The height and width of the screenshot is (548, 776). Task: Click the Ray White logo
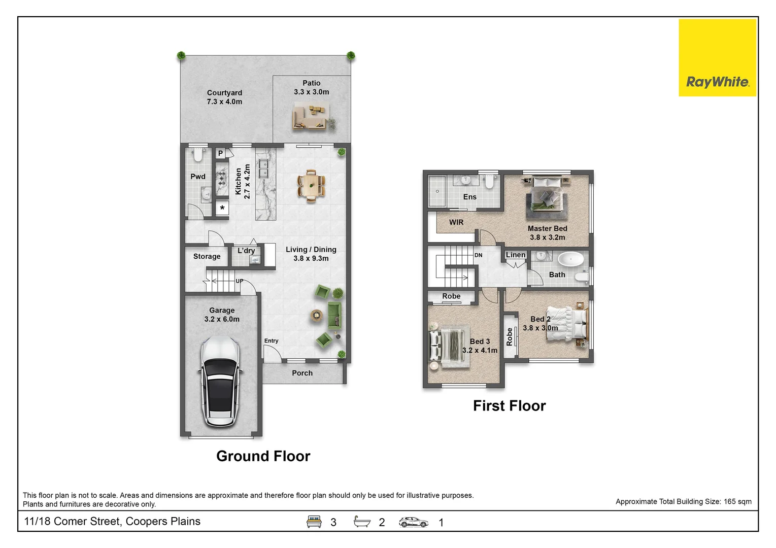click(x=718, y=57)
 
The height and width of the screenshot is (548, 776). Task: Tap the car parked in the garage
click(x=220, y=381)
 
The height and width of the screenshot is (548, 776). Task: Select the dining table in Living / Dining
click(x=311, y=186)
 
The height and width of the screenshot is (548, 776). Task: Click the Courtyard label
click(x=224, y=93)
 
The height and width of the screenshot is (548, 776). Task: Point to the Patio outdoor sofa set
click(x=310, y=117)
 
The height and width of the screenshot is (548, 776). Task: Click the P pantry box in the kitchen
click(x=221, y=153)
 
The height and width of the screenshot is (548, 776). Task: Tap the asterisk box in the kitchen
click(x=222, y=208)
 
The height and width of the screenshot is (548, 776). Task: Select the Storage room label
click(x=207, y=256)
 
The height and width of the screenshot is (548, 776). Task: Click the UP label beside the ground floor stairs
click(x=240, y=281)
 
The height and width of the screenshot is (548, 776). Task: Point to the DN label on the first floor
click(x=479, y=255)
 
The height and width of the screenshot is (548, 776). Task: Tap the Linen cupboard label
click(x=516, y=255)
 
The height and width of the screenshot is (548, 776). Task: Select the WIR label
click(x=456, y=222)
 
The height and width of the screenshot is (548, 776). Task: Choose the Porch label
click(x=302, y=373)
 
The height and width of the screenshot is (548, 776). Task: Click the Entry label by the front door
click(x=271, y=341)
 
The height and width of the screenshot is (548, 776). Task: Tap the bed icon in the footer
click(x=314, y=522)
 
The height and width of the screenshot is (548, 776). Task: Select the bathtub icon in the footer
click(x=362, y=521)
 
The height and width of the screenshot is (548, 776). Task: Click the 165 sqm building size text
click(x=737, y=502)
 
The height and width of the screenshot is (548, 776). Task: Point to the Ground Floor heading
click(x=263, y=456)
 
